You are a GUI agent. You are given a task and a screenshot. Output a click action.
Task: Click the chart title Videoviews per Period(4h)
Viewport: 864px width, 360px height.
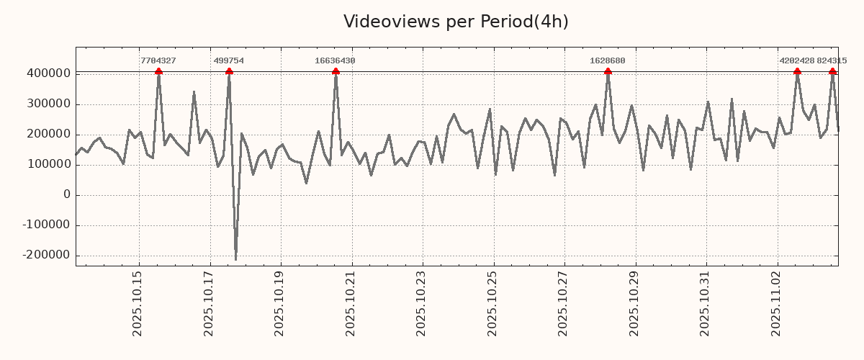[x=456, y=22]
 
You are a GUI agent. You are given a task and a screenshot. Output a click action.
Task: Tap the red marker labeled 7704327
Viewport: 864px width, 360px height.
[x=158, y=71]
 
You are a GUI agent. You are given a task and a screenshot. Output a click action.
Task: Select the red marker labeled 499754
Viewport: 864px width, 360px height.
[x=229, y=71]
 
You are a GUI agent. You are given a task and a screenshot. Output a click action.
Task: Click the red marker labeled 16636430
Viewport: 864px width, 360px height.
[x=336, y=71]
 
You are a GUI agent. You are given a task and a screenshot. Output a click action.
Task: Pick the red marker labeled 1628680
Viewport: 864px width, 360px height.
[x=608, y=71]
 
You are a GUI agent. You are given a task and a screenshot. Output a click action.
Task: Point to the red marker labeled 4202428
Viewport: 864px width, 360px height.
[x=797, y=71]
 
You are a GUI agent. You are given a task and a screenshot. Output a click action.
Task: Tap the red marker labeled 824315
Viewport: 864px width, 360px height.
[x=832, y=71]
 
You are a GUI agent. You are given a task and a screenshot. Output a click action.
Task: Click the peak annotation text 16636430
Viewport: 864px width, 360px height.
[x=335, y=60]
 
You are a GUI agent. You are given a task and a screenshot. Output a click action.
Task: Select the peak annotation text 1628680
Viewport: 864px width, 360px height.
[x=608, y=60]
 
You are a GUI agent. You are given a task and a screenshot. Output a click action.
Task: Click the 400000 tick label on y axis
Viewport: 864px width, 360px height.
[x=48, y=73]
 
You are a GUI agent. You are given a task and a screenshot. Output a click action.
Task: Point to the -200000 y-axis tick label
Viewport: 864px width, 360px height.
[x=45, y=255]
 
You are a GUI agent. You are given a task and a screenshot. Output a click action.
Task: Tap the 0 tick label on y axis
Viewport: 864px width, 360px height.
[x=67, y=194]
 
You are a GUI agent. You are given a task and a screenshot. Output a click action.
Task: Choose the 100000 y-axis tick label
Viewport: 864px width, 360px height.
[x=48, y=164]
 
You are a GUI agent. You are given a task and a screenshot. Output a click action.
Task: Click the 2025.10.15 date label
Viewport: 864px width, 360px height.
[x=138, y=308]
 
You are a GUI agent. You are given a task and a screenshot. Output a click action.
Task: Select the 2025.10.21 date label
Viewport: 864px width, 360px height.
[x=351, y=308]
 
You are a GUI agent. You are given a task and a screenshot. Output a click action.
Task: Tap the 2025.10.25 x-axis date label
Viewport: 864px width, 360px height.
[x=492, y=308]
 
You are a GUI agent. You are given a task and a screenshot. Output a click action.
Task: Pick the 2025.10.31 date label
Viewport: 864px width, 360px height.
[x=706, y=308]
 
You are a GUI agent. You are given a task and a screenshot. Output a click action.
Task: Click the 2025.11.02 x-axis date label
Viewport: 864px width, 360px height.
[x=777, y=308]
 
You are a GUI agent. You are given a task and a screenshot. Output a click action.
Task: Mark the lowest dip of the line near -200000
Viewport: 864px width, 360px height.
[x=235, y=259]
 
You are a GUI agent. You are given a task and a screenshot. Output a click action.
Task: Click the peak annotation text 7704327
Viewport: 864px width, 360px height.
[x=158, y=60]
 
